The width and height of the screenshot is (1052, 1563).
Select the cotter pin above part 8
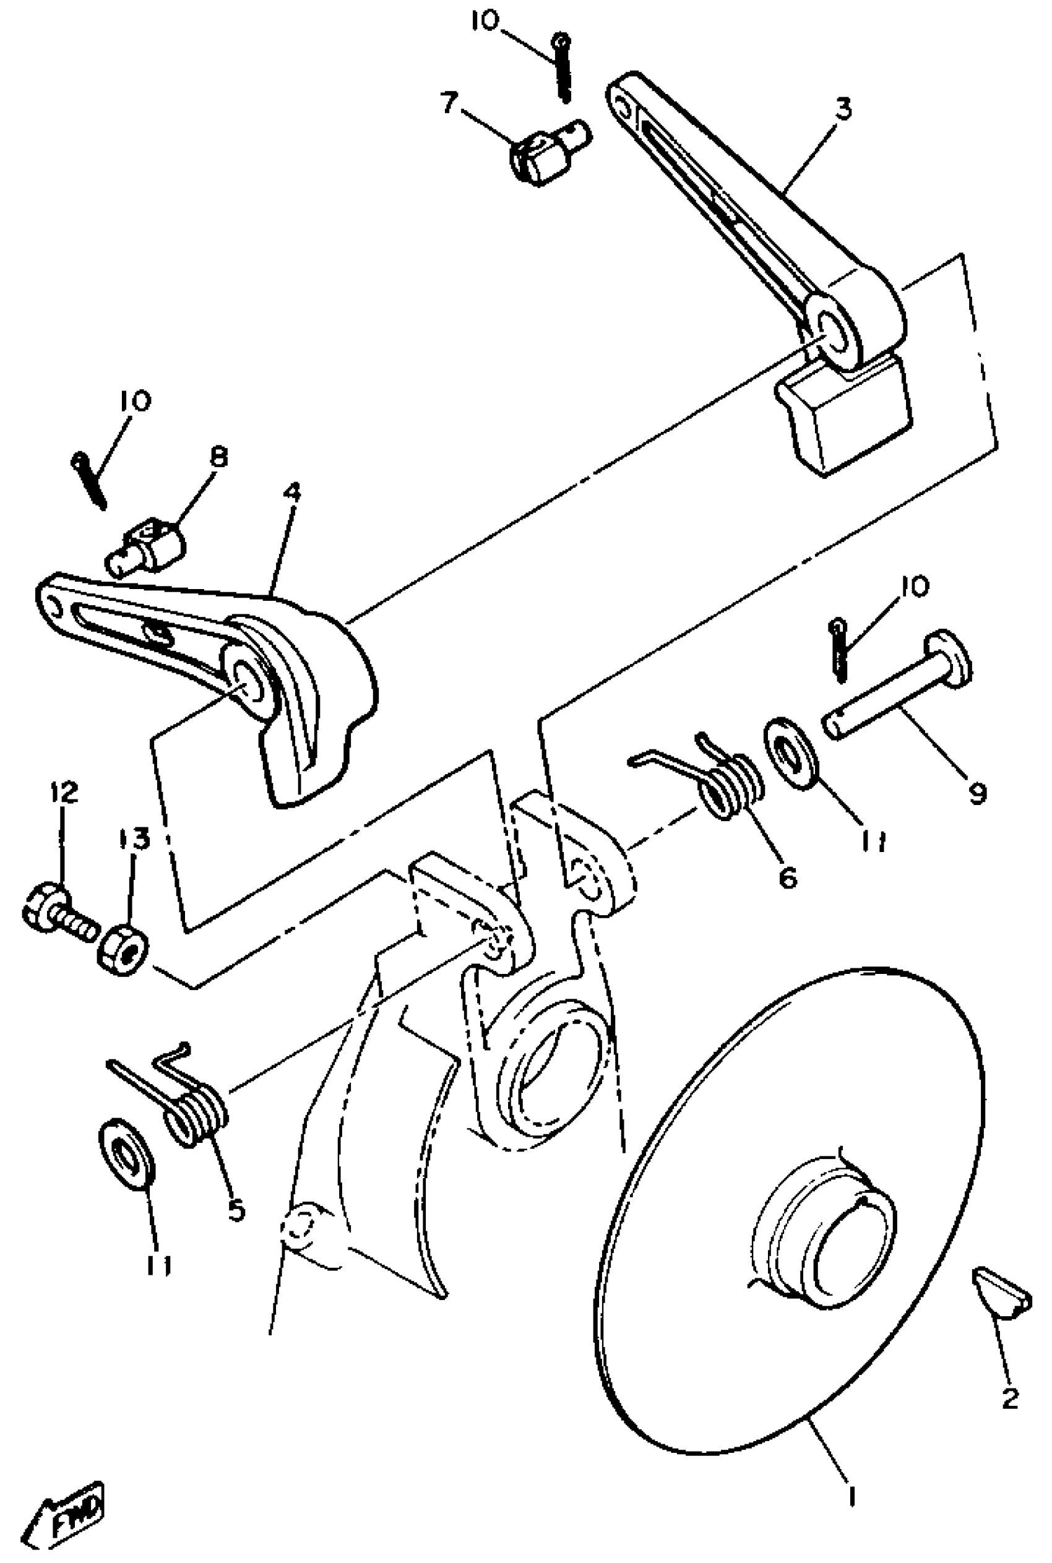click(90, 480)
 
